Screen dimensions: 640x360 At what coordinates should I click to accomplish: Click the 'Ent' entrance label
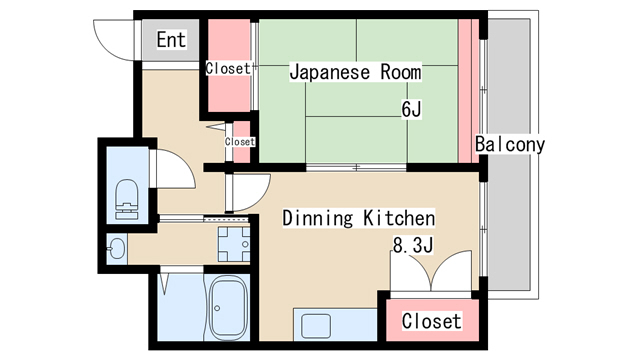click(x=171, y=40)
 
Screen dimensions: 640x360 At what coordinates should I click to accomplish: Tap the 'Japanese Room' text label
click(x=355, y=72)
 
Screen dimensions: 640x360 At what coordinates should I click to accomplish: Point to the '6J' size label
click(x=411, y=109)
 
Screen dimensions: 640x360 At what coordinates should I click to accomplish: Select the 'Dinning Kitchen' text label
click(x=359, y=218)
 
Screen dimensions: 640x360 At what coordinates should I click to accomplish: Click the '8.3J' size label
click(x=413, y=245)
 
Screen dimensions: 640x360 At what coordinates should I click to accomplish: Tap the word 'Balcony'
click(x=510, y=144)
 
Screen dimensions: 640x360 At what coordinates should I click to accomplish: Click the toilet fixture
click(x=127, y=200)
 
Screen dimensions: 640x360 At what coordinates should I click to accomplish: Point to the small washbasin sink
click(x=116, y=248)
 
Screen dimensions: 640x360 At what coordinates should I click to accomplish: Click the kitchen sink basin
click(x=316, y=326)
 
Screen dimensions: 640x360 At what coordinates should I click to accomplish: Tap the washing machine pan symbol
click(x=233, y=244)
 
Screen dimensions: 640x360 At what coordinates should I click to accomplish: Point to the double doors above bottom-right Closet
click(x=431, y=271)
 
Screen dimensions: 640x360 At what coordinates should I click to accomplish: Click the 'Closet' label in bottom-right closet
click(x=432, y=321)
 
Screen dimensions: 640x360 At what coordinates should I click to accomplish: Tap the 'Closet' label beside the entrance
click(x=228, y=68)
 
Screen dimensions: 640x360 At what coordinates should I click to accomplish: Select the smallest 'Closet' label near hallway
click(x=240, y=142)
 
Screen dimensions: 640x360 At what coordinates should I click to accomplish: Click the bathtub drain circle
click(x=217, y=308)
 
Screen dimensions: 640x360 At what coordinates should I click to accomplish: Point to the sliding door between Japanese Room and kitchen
click(x=356, y=167)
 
